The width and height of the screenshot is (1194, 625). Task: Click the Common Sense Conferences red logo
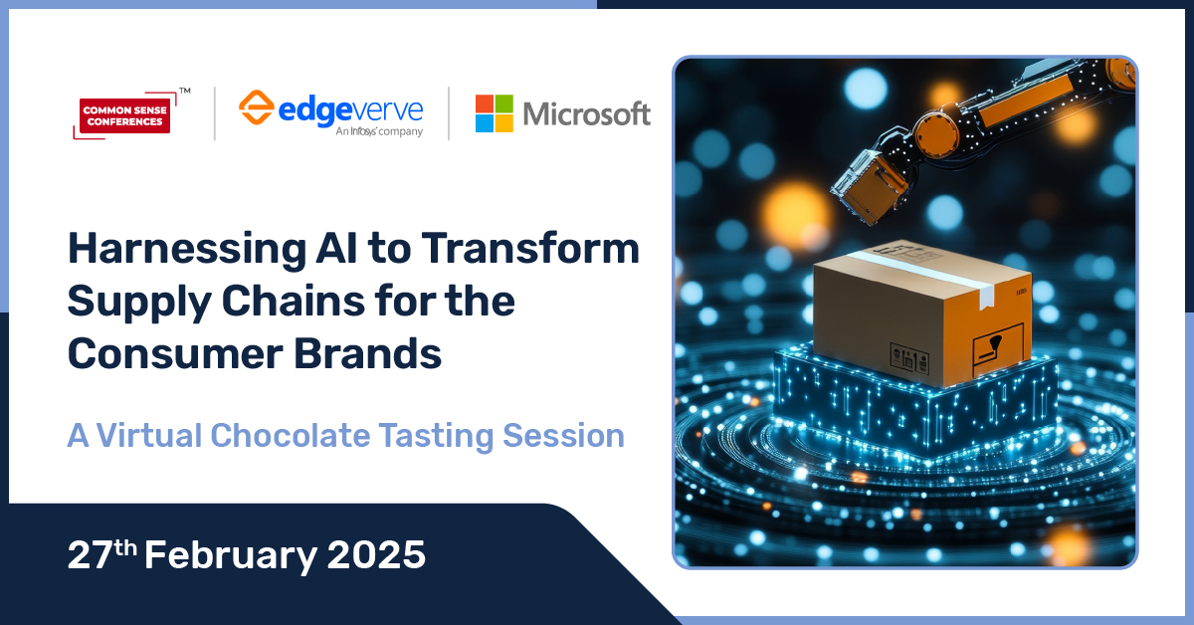pos(125,114)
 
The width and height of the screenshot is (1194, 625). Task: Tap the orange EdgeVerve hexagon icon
pos(257,107)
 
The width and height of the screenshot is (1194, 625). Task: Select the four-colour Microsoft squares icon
pos(494,113)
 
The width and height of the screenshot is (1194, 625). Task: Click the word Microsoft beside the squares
pos(586,114)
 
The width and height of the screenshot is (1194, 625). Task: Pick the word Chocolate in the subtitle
pos(319,436)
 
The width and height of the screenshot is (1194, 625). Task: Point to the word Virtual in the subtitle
pos(157,436)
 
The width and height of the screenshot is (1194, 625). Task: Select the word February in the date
pos(230,554)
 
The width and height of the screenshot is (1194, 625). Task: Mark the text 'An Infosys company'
pos(379,131)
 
